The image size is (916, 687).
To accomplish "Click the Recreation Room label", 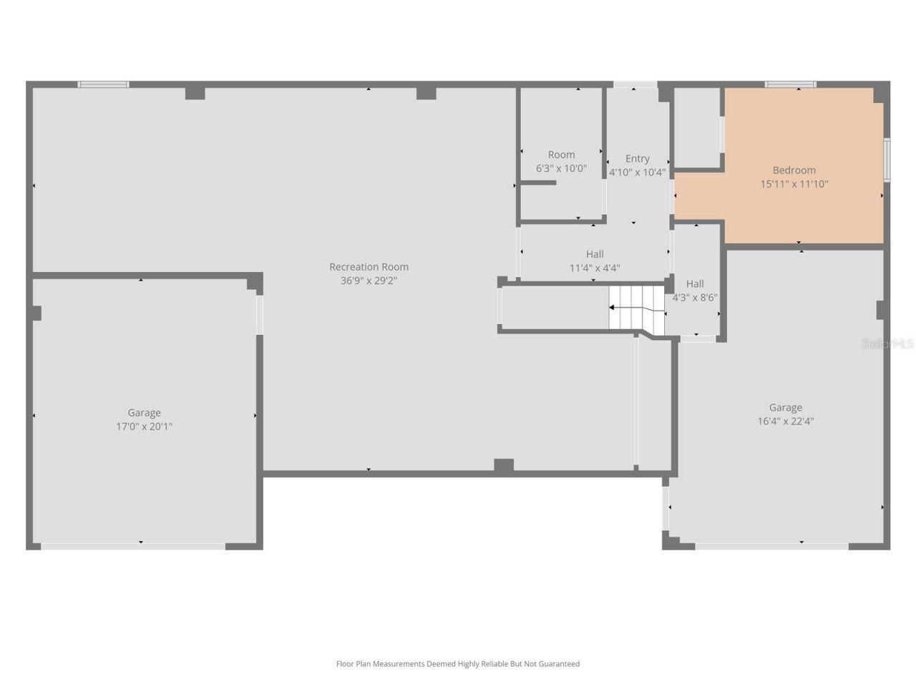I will (x=369, y=267).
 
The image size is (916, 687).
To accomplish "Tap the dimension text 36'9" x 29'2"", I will (x=369, y=281).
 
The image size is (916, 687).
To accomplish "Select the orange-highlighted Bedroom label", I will (x=794, y=170).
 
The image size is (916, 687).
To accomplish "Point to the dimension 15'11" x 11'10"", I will (x=794, y=184).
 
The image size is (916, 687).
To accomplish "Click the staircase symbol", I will (x=636, y=308).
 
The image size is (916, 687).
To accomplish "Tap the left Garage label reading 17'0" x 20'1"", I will (x=144, y=427).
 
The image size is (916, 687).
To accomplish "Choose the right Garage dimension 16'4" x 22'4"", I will (x=785, y=422).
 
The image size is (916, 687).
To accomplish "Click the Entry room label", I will (x=637, y=159).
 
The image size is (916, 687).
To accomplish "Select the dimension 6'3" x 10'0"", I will (x=561, y=169).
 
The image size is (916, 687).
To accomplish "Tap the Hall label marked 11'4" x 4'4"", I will (x=595, y=254).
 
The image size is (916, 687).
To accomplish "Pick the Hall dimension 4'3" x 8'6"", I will (x=695, y=298).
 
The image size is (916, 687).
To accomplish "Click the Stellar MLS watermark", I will (x=887, y=344).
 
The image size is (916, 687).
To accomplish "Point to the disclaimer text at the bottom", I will (x=458, y=664).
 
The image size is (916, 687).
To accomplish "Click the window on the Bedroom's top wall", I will (x=790, y=84).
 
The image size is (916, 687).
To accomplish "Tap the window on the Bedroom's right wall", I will (x=887, y=160).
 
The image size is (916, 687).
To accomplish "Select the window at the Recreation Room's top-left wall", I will (x=104, y=84).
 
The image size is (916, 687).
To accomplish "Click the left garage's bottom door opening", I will (x=133, y=546).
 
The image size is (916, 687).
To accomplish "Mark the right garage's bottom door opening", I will (x=771, y=546).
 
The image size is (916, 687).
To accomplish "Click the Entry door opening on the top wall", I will (x=635, y=85).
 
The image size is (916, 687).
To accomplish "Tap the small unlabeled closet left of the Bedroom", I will (x=697, y=127).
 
